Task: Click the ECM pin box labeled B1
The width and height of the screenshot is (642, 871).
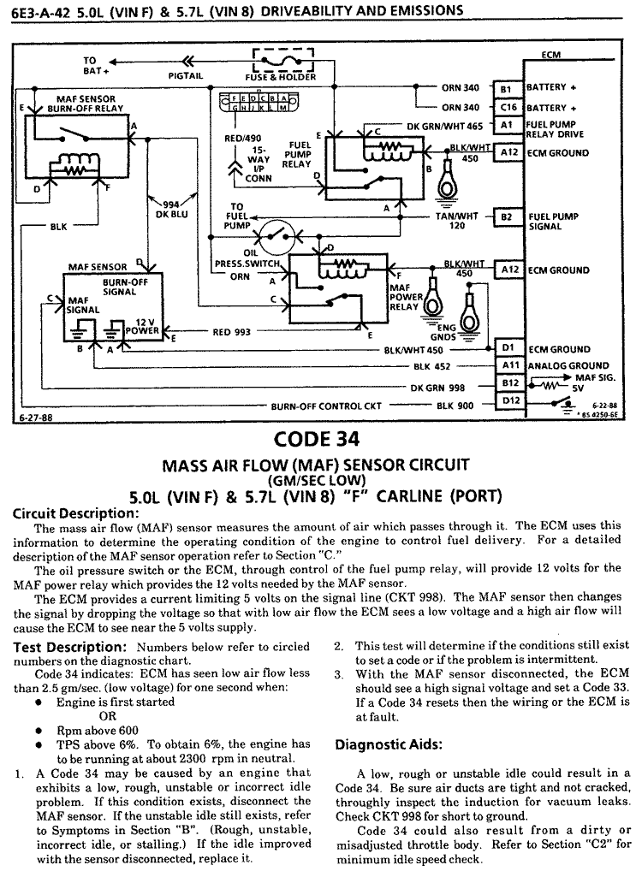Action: tap(505, 88)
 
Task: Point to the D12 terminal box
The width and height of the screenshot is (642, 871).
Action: tap(510, 400)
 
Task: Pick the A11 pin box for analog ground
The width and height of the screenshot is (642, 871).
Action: tap(510, 365)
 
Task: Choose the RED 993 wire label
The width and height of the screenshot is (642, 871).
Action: tap(233, 333)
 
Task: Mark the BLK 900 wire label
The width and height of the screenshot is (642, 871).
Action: tap(455, 406)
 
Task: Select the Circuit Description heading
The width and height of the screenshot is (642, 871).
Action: tap(75, 513)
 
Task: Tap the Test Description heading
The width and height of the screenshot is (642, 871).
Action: tap(68, 646)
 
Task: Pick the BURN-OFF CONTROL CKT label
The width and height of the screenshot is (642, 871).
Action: tap(325, 406)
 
